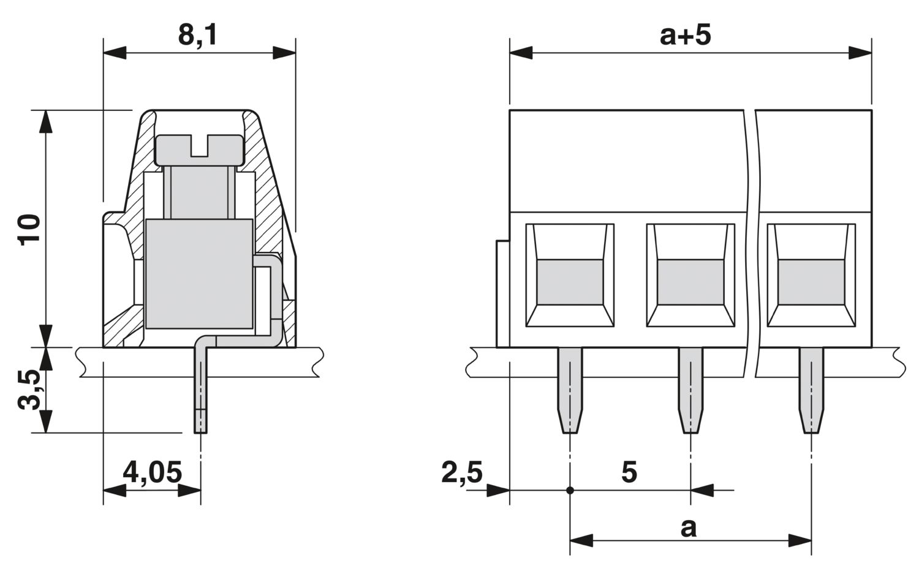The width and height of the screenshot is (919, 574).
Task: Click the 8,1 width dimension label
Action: point(198,36)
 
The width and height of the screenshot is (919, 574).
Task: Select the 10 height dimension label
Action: point(30,229)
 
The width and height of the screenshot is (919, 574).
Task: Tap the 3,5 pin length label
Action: point(30,390)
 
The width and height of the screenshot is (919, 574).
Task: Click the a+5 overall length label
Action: point(685,36)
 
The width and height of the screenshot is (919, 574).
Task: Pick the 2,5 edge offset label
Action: point(462,473)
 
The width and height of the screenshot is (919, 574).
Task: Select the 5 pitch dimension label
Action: point(629,472)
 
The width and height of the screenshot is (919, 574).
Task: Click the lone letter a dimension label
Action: point(689,529)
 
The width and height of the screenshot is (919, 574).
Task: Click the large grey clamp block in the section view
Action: point(199,274)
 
